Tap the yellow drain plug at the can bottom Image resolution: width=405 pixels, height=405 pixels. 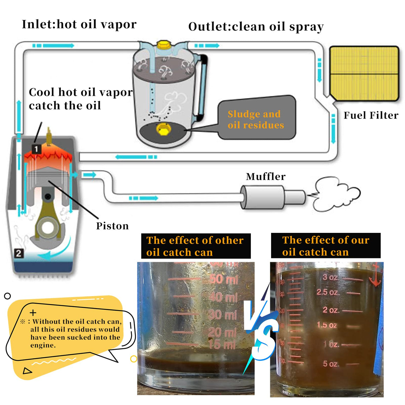point(163,129)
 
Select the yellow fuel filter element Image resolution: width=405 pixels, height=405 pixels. point(364,73)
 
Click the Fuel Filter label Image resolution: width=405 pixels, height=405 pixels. point(371,115)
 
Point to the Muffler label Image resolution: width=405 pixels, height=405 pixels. point(266,176)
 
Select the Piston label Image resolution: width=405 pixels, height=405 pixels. point(112,226)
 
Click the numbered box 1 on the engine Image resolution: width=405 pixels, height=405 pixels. point(36,149)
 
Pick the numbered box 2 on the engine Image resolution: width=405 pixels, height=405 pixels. point(19,253)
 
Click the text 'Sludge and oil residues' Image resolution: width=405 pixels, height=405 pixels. point(255,119)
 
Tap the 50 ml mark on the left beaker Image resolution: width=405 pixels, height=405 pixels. point(224,279)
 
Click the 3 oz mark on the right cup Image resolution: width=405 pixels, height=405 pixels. point(330,277)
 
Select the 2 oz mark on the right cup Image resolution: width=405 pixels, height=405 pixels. point(330,310)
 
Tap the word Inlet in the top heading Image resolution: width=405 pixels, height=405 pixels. point(38,24)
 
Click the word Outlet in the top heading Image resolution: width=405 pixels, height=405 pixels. point(208,27)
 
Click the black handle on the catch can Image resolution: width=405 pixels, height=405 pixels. point(203,87)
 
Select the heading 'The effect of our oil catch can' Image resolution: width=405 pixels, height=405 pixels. point(325,246)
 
